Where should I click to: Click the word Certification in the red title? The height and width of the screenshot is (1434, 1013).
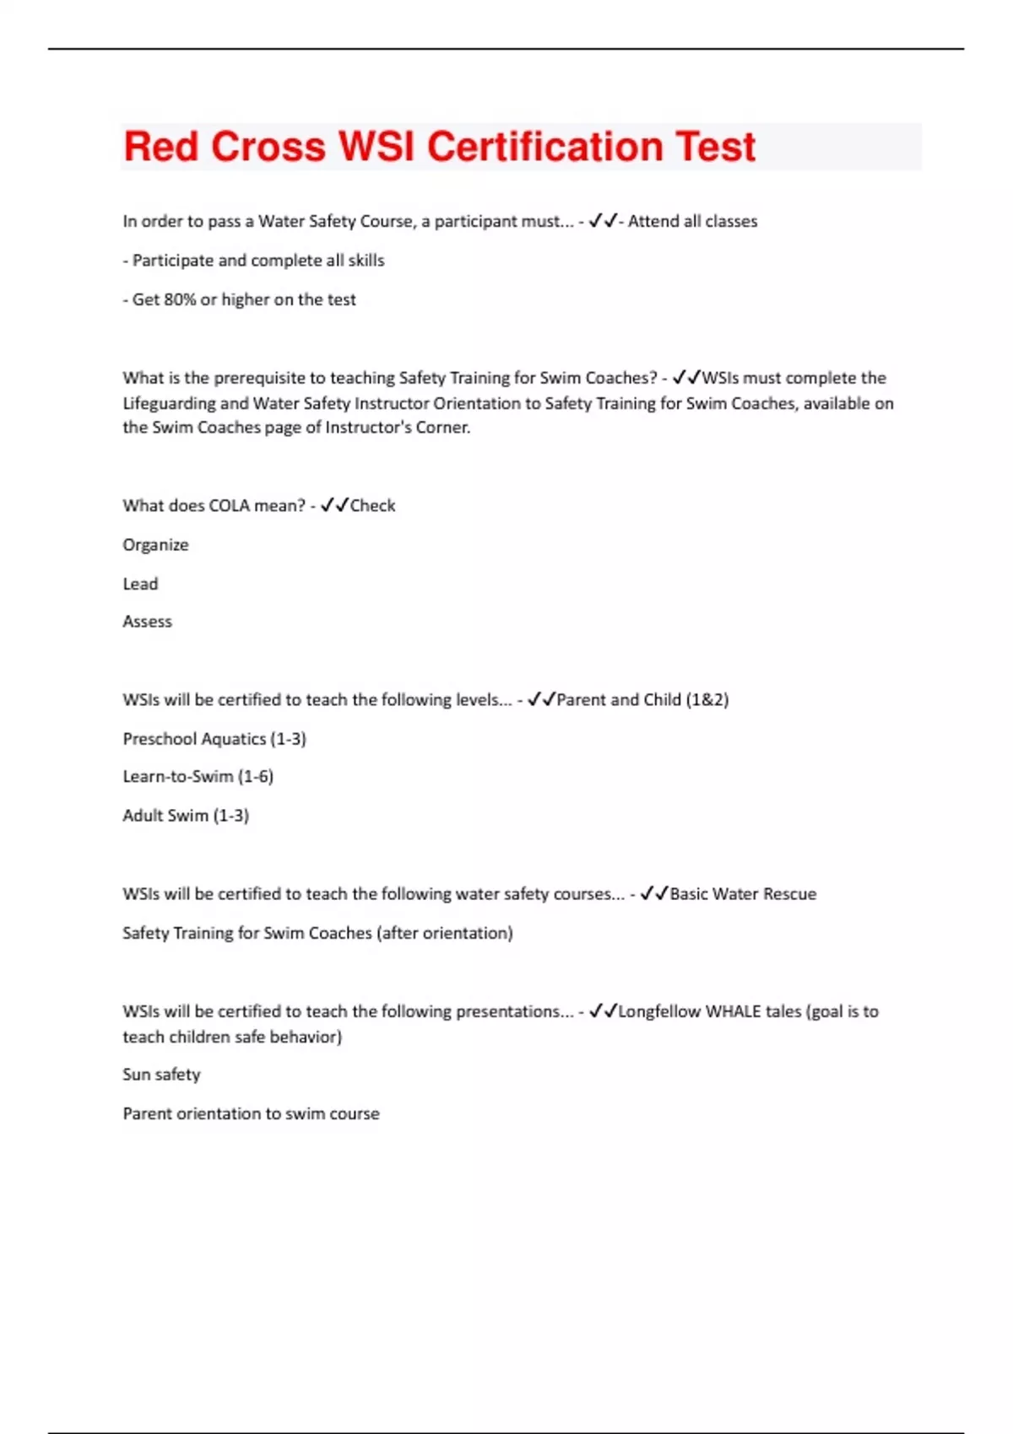pos(544,147)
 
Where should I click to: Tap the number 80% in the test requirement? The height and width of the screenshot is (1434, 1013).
pos(179,299)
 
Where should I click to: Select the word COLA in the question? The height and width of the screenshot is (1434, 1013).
pos(229,505)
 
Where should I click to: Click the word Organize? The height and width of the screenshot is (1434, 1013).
pos(155,545)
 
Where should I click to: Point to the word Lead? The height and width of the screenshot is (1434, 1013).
pos(140,584)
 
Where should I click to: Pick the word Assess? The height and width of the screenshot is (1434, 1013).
pos(147,622)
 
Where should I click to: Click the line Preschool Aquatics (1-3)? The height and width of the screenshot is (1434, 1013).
pos(214,739)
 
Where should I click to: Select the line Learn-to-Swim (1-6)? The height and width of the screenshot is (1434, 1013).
pos(198,777)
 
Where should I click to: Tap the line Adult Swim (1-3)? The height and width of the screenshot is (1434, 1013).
pos(186,816)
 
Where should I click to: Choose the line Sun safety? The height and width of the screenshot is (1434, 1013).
pos(161,1075)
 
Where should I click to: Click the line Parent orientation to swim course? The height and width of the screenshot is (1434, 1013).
pos(251,1113)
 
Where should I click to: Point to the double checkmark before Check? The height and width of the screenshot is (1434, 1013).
pos(334,505)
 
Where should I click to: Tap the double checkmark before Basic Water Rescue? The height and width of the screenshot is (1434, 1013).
pos(654,893)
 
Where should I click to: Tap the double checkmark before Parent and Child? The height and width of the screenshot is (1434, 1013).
pos(541,699)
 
